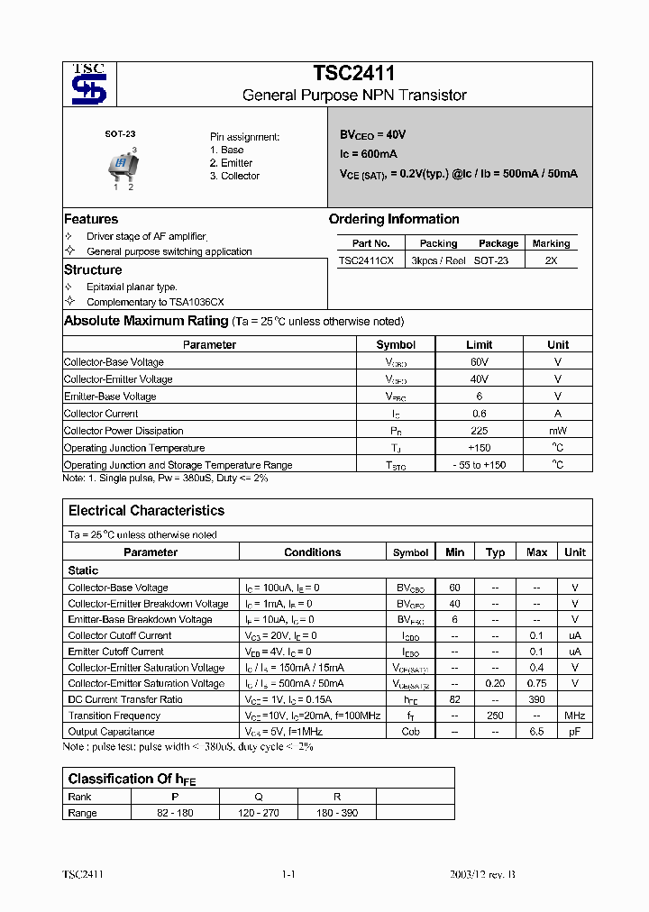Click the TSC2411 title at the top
pos(353,74)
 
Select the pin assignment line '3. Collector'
pos(234,176)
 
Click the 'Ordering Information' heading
pos(394,219)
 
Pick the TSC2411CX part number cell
pos(366,260)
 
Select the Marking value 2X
pos(551,260)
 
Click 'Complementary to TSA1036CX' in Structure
pos(155,302)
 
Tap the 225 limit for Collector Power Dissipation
pos(479,431)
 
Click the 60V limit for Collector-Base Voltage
pos(479,362)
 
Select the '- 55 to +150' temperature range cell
pos(479,465)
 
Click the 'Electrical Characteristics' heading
pos(146,510)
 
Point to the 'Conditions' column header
pos(313,552)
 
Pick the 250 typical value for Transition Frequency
pos(495,716)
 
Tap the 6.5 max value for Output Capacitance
pos(536,732)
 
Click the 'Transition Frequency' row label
pos(114,716)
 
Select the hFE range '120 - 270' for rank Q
pos(259,813)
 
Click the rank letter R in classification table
pos(336,797)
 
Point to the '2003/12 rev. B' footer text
pos(483,875)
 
